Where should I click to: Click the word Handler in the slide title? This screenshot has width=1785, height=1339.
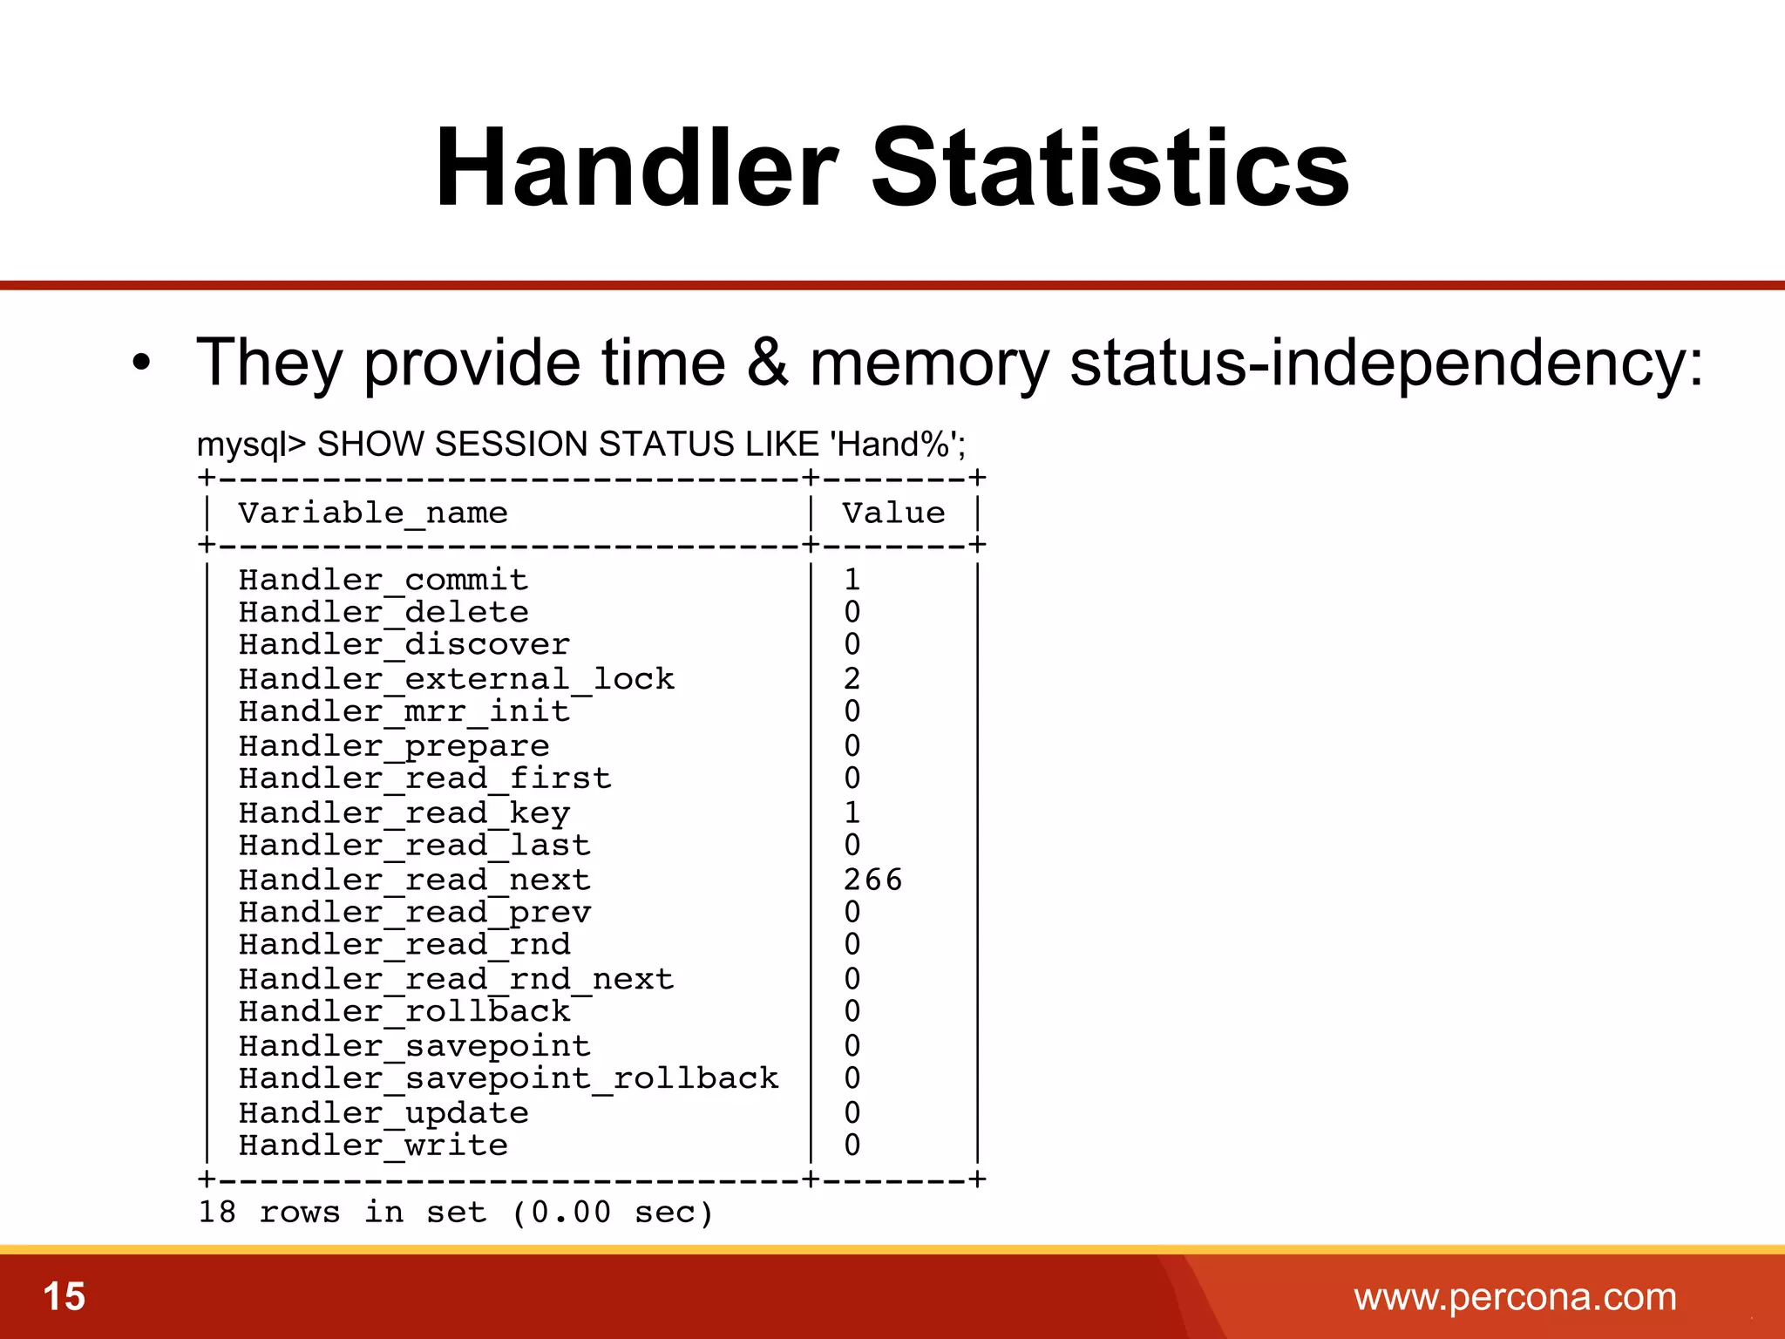pyautogui.click(x=636, y=168)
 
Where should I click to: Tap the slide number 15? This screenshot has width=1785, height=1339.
pyautogui.click(x=64, y=1296)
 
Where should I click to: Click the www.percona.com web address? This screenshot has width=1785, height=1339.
pyautogui.click(x=1515, y=1297)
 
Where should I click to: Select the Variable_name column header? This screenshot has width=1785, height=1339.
pyautogui.click(x=373, y=513)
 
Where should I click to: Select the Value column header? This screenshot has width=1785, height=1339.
pyautogui.click(x=893, y=513)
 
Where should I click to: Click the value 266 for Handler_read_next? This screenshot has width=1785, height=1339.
pyautogui.click(x=872, y=880)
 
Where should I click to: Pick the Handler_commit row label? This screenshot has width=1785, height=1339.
pyautogui.click(x=383, y=580)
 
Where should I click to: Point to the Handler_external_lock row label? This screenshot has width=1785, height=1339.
pyautogui.click(x=457, y=678)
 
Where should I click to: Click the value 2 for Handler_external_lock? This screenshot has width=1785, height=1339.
pyautogui.click(x=852, y=678)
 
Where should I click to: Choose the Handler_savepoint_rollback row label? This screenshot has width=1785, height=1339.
pyautogui.click(x=509, y=1079)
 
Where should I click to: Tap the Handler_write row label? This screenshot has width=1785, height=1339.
pyautogui.click(x=373, y=1145)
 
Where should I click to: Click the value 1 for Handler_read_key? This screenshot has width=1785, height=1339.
pyautogui.click(x=852, y=812)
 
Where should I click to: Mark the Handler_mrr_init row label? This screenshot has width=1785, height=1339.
pyautogui.click(x=404, y=711)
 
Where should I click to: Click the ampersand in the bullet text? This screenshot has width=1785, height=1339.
pyautogui.click(x=767, y=362)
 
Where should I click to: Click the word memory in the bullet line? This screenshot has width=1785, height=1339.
pyautogui.click(x=929, y=363)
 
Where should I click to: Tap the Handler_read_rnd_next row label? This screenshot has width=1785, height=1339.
pyautogui.click(x=457, y=979)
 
